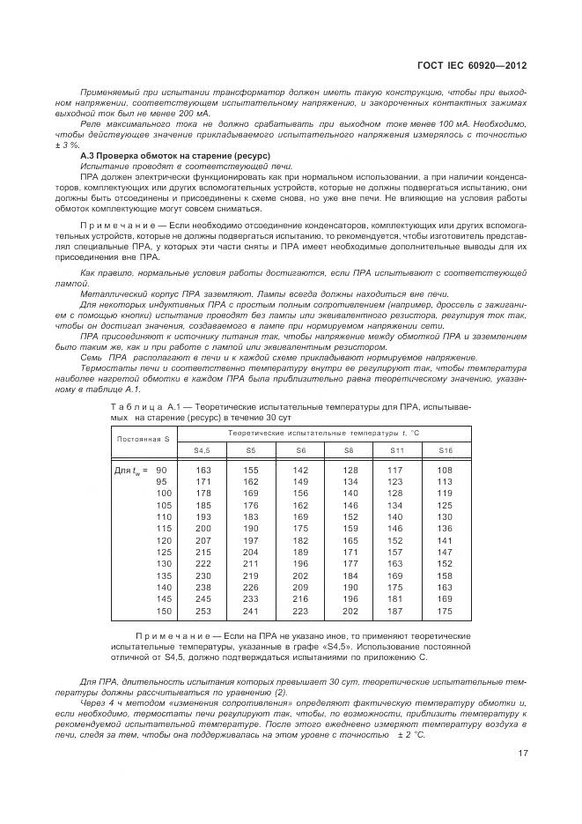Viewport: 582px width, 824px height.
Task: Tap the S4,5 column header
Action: (202, 450)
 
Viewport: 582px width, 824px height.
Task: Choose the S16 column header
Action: (445, 450)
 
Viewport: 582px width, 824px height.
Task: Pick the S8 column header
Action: (350, 450)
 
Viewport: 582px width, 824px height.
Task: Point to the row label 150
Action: (163, 610)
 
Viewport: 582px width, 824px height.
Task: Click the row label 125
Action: (163, 552)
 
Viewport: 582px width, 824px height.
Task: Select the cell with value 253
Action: (203, 610)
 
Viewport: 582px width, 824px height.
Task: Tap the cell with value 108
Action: (445, 471)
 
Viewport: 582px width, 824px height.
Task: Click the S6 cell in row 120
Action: (300, 540)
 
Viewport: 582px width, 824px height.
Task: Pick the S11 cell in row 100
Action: (394, 494)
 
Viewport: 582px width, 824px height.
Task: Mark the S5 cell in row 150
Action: (251, 610)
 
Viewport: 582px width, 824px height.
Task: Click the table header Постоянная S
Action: (145, 438)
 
